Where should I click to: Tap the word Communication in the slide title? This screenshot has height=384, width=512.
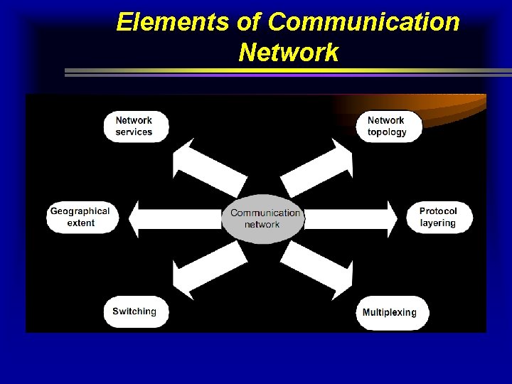coord(365,23)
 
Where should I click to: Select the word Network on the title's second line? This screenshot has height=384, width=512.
coord(289,52)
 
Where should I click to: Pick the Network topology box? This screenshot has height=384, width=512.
coord(388,126)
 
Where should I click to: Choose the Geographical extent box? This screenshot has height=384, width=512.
coord(79,217)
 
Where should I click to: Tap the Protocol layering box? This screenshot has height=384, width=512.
coord(437,217)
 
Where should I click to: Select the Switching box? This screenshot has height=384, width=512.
coord(134,311)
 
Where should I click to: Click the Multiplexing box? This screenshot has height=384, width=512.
coord(390,312)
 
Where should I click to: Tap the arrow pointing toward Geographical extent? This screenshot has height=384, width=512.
coord(174,217)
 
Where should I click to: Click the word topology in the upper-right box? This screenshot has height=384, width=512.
coord(388,132)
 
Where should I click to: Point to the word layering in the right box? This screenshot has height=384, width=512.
coord(437,223)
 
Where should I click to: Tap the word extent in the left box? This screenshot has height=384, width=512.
coord(80,223)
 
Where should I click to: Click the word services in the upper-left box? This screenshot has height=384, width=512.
coord(134,132)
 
